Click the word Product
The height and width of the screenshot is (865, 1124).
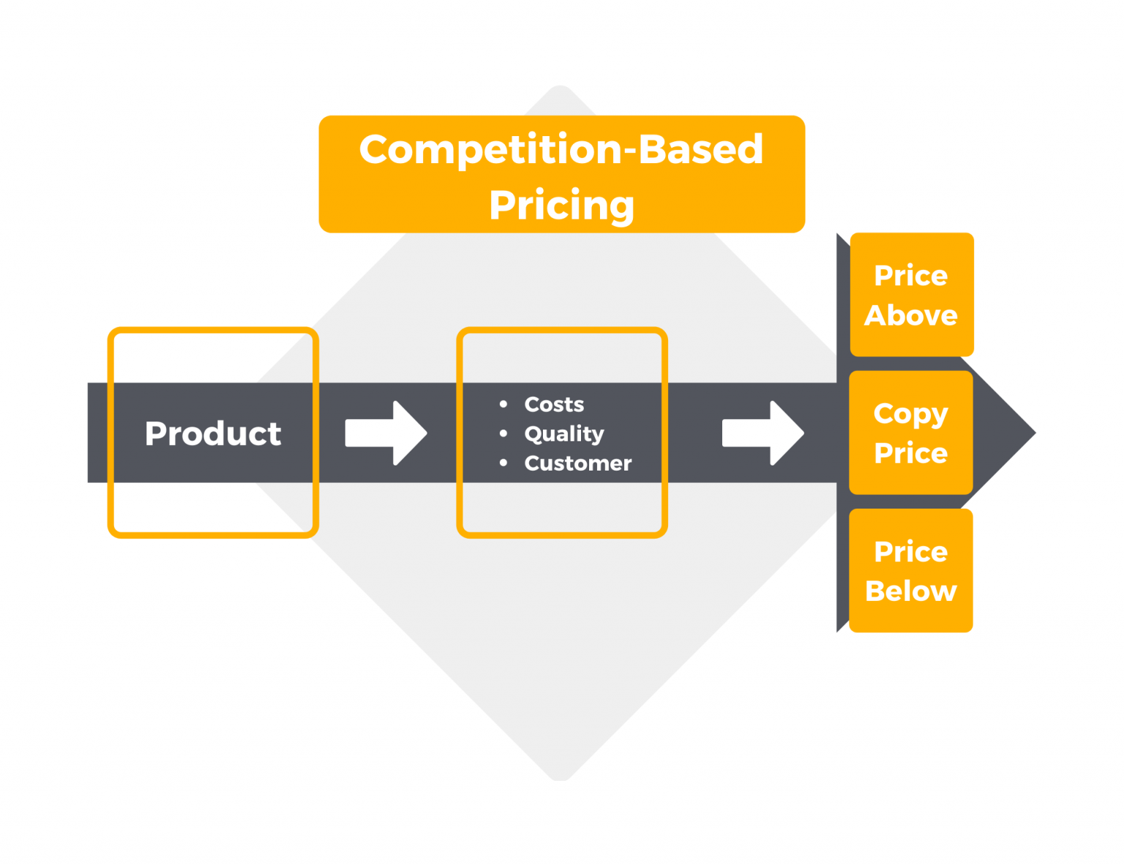coord(213,434)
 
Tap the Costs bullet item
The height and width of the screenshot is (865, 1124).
coord(554,404)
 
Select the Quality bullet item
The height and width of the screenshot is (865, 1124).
coord(564,434)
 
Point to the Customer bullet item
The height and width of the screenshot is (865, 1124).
coord(577,463)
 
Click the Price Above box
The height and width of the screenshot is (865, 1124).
coord(911,295)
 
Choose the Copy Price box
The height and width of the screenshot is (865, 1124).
coord(910,432)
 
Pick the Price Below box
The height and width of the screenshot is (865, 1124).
coord(910,571)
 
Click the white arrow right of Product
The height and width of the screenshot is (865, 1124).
coord(386,433)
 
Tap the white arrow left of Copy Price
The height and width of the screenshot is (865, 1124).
coord(763,433)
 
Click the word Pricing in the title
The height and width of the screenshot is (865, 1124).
coord(561,205)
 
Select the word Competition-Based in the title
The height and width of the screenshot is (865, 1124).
coord(561,149)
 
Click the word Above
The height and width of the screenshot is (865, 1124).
coord(911,315)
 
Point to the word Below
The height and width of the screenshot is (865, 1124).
coord(911,591)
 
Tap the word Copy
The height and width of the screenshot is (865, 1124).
coord(910,414)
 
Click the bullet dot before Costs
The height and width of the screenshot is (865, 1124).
coord(503,404)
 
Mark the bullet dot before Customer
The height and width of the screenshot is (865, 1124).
coord(503,463)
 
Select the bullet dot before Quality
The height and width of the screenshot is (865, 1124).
coord(503,434)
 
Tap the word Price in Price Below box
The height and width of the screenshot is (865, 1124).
coord(911,552)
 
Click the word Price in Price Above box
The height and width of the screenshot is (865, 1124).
coord(911,276)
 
